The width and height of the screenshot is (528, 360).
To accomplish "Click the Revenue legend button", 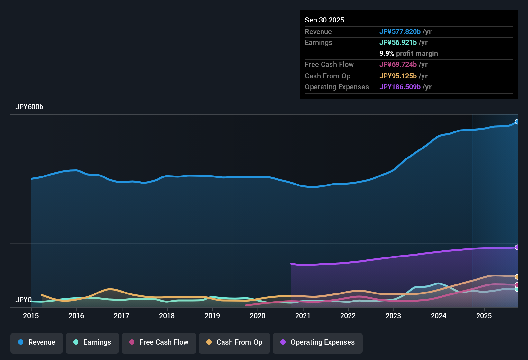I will pos(37,342).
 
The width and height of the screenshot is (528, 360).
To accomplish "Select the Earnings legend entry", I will pos(92,342).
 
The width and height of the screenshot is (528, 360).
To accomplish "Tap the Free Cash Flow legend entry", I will pos(159,342).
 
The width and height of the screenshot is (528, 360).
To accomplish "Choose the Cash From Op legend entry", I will pos(234,342).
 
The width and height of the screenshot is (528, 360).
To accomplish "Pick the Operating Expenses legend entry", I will pos(318,342).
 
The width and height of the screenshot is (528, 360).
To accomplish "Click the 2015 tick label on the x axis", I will pos(31,316).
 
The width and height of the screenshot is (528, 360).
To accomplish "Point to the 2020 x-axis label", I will pos(258,316).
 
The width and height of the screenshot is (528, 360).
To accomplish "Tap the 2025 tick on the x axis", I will pos(484,316).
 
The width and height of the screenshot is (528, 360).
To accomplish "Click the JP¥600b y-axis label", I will pos(29,107).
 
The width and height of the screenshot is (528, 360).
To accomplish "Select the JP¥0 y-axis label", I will pos(23,300).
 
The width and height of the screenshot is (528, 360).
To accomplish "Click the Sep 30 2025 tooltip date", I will pos(324,20).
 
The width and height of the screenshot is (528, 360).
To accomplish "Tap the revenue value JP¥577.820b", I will pos(400,32).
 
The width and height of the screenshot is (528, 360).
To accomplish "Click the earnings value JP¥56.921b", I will pos(398,43).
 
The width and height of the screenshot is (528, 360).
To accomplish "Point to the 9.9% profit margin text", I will pos(409,54).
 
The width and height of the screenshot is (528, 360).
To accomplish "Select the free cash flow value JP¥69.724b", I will pos(398,65).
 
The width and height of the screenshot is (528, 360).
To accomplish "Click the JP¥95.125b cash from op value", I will pos(398,76).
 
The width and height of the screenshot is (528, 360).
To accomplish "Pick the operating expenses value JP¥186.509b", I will pos(400,87).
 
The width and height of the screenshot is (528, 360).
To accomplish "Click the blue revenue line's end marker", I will pos(517,122).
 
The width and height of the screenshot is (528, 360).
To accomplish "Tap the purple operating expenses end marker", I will pos(517,247).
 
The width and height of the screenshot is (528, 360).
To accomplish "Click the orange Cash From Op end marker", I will pos(517,277).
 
